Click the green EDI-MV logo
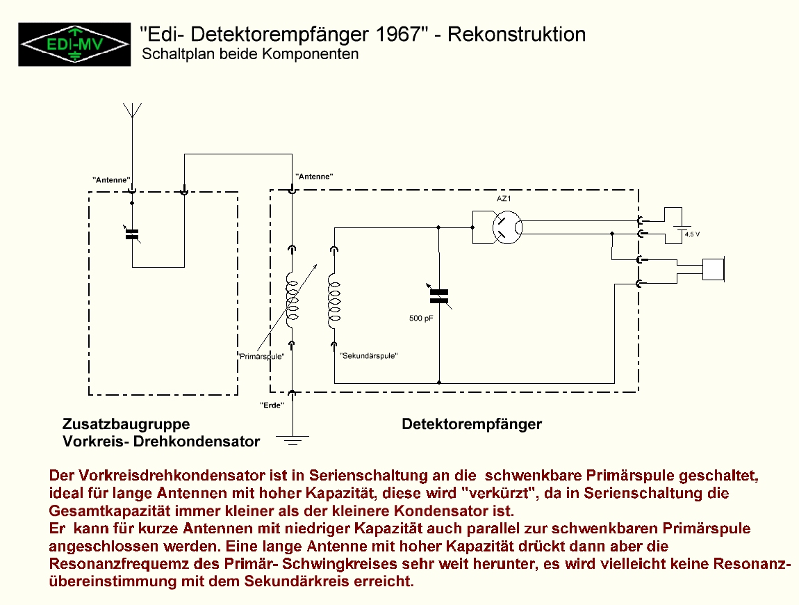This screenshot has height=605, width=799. pos(74,45)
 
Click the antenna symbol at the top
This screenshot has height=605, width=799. pos(133,111)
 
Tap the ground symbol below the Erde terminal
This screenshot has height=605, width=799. pos(293,440)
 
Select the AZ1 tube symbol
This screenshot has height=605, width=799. pos(507,227)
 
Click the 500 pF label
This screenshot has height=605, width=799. pos(421,318)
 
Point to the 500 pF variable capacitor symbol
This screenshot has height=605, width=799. pos(439,296)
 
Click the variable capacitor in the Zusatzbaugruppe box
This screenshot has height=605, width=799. pos(132,234)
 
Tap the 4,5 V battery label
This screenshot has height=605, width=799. pos(692,234)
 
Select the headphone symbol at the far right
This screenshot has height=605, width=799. pos(714,270)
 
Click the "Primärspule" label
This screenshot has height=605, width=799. pos(261,357)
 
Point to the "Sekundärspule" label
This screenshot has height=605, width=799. pos(368,355)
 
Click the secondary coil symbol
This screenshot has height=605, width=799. pos(333,301)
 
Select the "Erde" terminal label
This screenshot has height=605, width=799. pos(272,405)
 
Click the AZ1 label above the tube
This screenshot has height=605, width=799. pos(504,198)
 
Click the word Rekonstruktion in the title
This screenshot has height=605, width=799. pos(517,34)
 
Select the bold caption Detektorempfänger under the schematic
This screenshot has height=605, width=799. pos(472,424)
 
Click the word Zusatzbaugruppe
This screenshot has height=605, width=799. pos(126,424)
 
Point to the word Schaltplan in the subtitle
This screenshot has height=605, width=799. pos(179,54)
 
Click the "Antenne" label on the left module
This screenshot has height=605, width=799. pos(111,180)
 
